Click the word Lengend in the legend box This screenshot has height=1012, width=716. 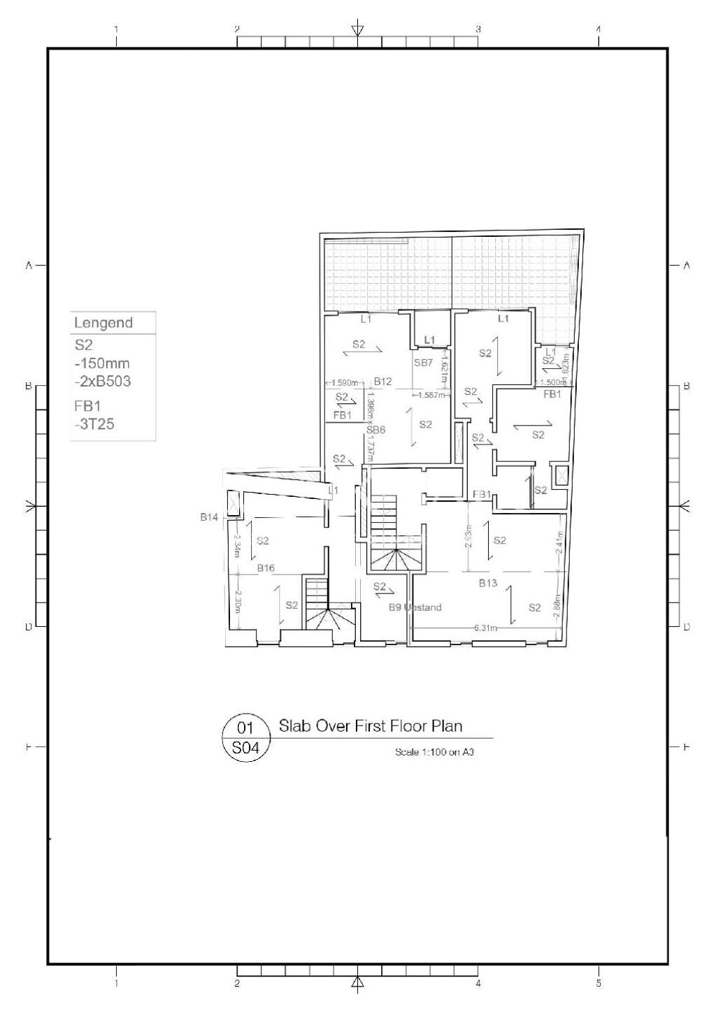pyautogui.click(x=103, y=323)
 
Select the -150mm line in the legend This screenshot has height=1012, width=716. pyautogui.click(x=102, y=363)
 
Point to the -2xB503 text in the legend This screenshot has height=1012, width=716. pyautogui.click(x=103, y=382)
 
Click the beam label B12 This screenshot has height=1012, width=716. pyautogui.click(x=382, y=382)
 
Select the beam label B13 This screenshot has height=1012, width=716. pyautogui.click(x=487, y=583)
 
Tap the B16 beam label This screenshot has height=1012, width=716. pyautogui.click(x=266, y=568)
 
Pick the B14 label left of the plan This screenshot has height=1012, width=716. pyautogui.click(x=209, y=517)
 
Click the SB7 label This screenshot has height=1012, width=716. pyautogui.click(x=424, y=363)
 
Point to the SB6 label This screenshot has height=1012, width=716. pyautogui.click(x=376, y=431)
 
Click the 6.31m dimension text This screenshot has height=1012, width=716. pyautogui.click(x=485, y=628)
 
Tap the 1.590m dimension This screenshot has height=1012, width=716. pyautogui.click(x=344, y=383)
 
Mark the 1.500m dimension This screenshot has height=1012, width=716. pyautogui.click(x=552, y=383)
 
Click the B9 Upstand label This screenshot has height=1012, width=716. pyautogui.click(x=415, y=607)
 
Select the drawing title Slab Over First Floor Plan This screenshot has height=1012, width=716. pyautogui.click(x=371, y=725)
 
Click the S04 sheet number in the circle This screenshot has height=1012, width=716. pyautogui.click(x=245, y=748)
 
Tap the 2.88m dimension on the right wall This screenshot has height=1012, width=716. pyautogui.click(x=557, y=605)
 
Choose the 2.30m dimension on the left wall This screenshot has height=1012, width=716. pyautogui.click(x=238, y=601)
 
